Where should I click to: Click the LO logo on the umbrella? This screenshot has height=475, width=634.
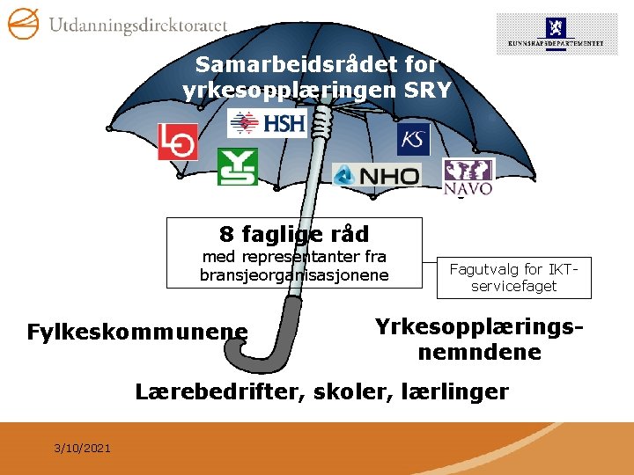[x=177, y=142]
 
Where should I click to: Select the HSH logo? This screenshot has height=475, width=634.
[x=267, y=123]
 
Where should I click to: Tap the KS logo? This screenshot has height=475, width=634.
[x=413, y=139]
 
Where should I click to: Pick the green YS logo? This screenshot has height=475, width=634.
[x=237, y=166]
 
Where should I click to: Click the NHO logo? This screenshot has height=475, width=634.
[x=377, y=176]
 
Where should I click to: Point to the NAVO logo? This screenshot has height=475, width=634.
[x=468, y=177]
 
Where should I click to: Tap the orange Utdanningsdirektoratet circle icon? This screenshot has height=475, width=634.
[x=23, y=23]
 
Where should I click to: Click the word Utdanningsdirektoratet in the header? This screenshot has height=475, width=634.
[x=137, y=26]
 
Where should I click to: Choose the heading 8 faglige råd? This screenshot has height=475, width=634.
[x=294, y=234]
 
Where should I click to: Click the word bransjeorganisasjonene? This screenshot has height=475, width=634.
[x=294, y=275]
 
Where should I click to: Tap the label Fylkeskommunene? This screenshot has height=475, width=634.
[x=137, y=332]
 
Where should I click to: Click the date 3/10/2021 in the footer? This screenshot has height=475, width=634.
[x=82, y=449]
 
